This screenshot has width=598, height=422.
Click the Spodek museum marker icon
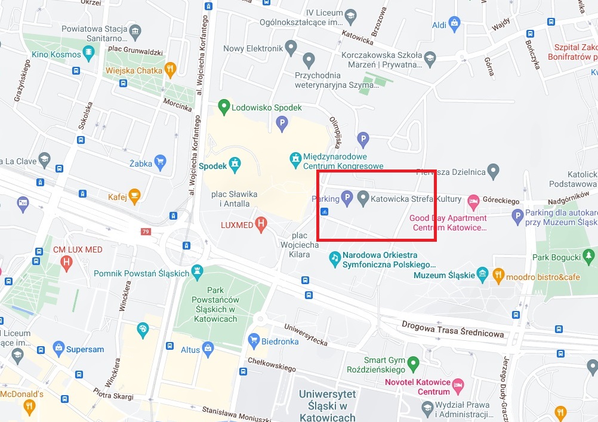pyautogui.click(x=236, y=163)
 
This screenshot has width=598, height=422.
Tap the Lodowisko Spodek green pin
pyautogui.click(x=224, y=107)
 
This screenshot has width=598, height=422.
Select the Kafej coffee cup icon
pyautogui.click(x=134, y=196)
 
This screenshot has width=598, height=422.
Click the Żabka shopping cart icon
pyautogui.click(x=159, y=161)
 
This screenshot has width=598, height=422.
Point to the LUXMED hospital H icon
pyautogui.click(x=260, y=224)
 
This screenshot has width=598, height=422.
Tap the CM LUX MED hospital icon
pyautogui.click(x=66, y=261)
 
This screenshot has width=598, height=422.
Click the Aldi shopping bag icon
pyautogui.click(x=455, y=24)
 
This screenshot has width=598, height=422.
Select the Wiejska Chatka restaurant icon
pyautogui.click(x=171, y=70)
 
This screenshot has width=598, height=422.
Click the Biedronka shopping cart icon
pyautogui.click(x=254, y=341)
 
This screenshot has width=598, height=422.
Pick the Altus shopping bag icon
pyautogui.click(x=208, y=349)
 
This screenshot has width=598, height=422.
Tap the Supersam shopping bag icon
pyautogui.click(x=58, y=349)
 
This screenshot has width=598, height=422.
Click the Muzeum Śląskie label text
pyautogui.click(x=444, y=275)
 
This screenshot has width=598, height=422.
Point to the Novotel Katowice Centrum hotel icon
pyautogui.click(x=458, y=387)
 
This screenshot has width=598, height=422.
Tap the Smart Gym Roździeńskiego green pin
pyautogui.click(x=413, y=363)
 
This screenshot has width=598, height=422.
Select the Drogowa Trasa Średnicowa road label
pyautogui.click(x=453, y=329)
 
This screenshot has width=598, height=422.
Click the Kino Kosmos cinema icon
pyautogui.click(x=89, y=54)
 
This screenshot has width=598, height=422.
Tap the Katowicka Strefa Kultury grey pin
pyautogui.click(x=363, y=198)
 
